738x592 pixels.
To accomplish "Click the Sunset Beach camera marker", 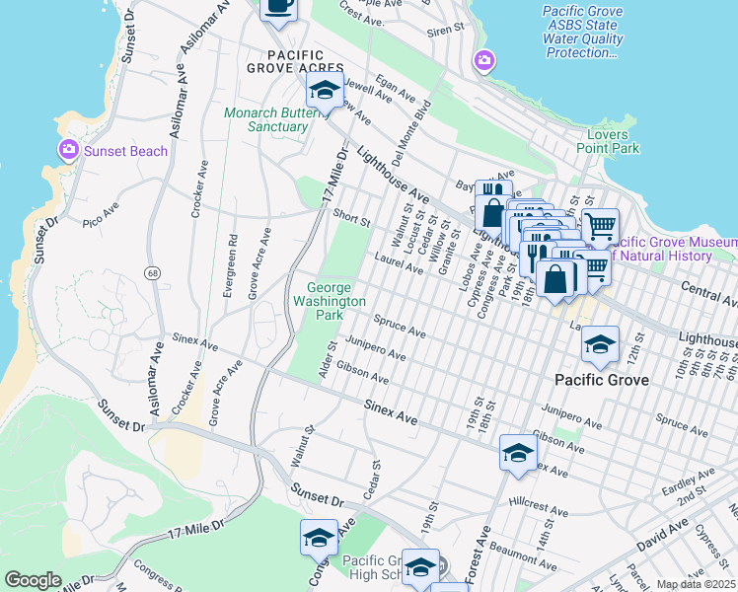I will tap(69, 150).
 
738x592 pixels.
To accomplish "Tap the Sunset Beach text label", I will tap(125, 151).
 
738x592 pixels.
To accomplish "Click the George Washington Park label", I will tap(329, 301).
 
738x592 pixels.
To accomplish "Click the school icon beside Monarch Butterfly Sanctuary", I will tap(324, 91).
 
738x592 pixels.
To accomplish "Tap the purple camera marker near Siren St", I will tap(483, 60).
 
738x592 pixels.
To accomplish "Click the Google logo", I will tap(33, 579).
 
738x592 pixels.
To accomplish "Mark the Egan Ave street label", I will tap(395, 90).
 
